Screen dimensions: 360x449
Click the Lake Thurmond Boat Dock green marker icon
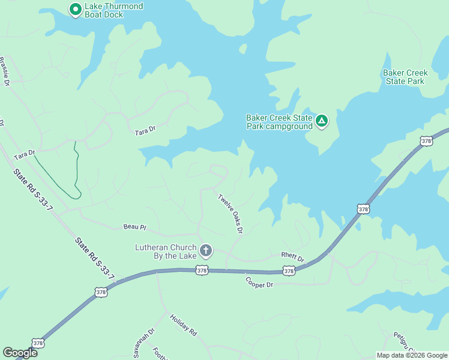pyautogui.click(x=75, y=9)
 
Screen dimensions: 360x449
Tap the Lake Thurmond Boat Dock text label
pyautogui.click(x=113, y=10)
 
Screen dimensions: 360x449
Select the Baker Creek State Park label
pyautogui.click(x=405, y=77)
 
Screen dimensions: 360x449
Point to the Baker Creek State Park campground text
pyautogui.click(x=279, y=122)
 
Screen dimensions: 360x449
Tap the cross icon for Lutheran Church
pyautogui.click(x=206, y=250)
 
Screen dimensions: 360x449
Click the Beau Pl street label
pyautogui.click(x=134, y=227)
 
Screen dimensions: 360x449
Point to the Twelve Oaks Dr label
pyautogui.click(x=231, y=213)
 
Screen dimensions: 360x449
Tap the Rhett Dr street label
pyautogui.click(x=293, y=256)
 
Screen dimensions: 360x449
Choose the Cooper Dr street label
pyautogui.click(x=259, y=281)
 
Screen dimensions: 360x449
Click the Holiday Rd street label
pyautogui.click(x=183, y=325)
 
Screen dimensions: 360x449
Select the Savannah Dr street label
pyautogui.click(x=144, y=343)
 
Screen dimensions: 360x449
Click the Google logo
pyautogui.click(x=19, y=353)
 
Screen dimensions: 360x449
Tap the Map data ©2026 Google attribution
pyautogui.click(x=412, y=355)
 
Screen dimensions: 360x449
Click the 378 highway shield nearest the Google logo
pyautogui.click(x=38, y=343)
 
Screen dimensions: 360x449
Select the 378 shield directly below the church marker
pyautogui.click(x=202, y=271)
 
